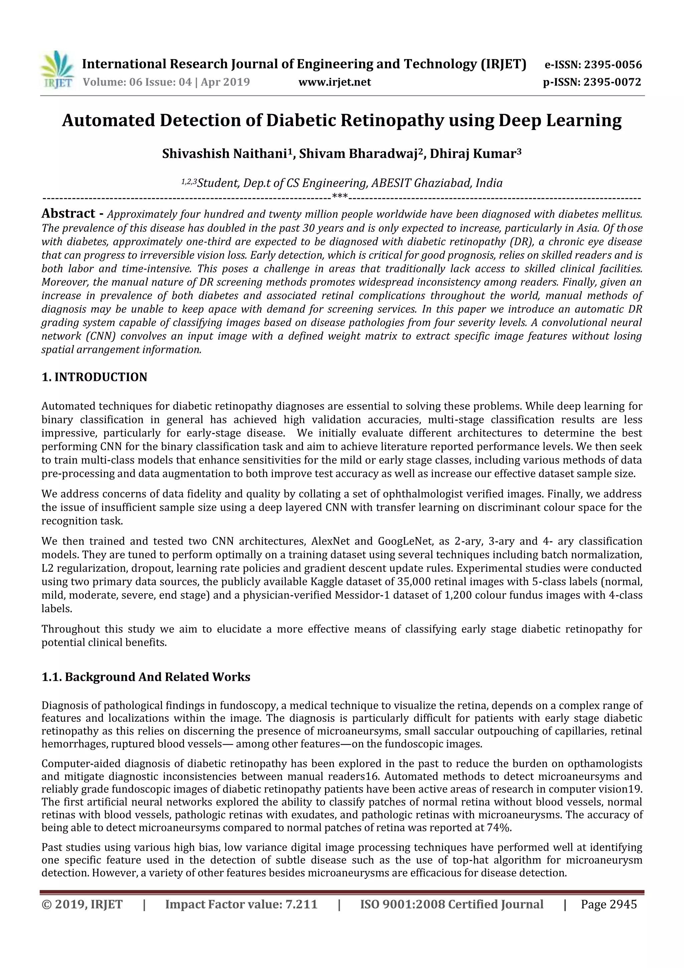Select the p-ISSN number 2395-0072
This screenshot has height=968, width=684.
(612, 82)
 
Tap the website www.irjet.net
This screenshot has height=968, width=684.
(335, 82)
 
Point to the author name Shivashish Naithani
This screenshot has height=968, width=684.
(227, 154)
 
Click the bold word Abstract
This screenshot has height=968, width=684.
(68, 214)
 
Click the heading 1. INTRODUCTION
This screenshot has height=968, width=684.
(95, 377)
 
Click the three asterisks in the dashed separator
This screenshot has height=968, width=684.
(340, 196)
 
